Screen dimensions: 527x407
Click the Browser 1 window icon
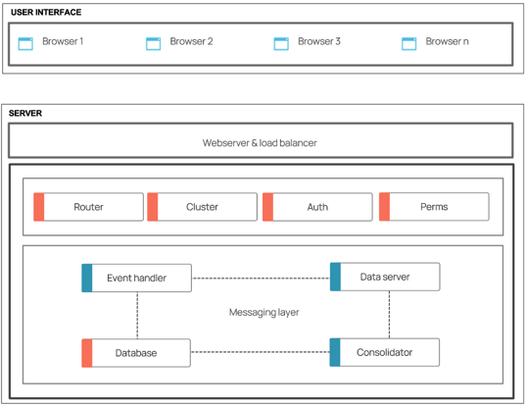25,44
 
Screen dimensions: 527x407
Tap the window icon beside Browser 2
153,44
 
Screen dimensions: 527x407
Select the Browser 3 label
319,41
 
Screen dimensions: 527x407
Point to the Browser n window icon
409,44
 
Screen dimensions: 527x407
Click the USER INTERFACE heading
46,13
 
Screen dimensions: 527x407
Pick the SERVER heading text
25,113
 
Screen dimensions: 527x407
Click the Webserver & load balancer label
260,143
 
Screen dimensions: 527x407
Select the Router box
88,207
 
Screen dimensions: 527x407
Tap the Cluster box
202,207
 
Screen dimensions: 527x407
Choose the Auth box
317,207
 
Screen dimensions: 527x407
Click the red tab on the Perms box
385,207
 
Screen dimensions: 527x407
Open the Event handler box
137,278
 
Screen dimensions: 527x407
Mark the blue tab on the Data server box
335,277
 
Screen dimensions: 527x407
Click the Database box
136,353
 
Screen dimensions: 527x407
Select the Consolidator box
385,352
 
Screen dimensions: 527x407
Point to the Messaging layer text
263,313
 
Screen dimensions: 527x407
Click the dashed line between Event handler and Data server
261,279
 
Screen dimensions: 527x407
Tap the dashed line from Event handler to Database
137,316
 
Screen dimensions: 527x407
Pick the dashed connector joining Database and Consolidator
261,352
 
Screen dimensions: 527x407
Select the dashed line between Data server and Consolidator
389,315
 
